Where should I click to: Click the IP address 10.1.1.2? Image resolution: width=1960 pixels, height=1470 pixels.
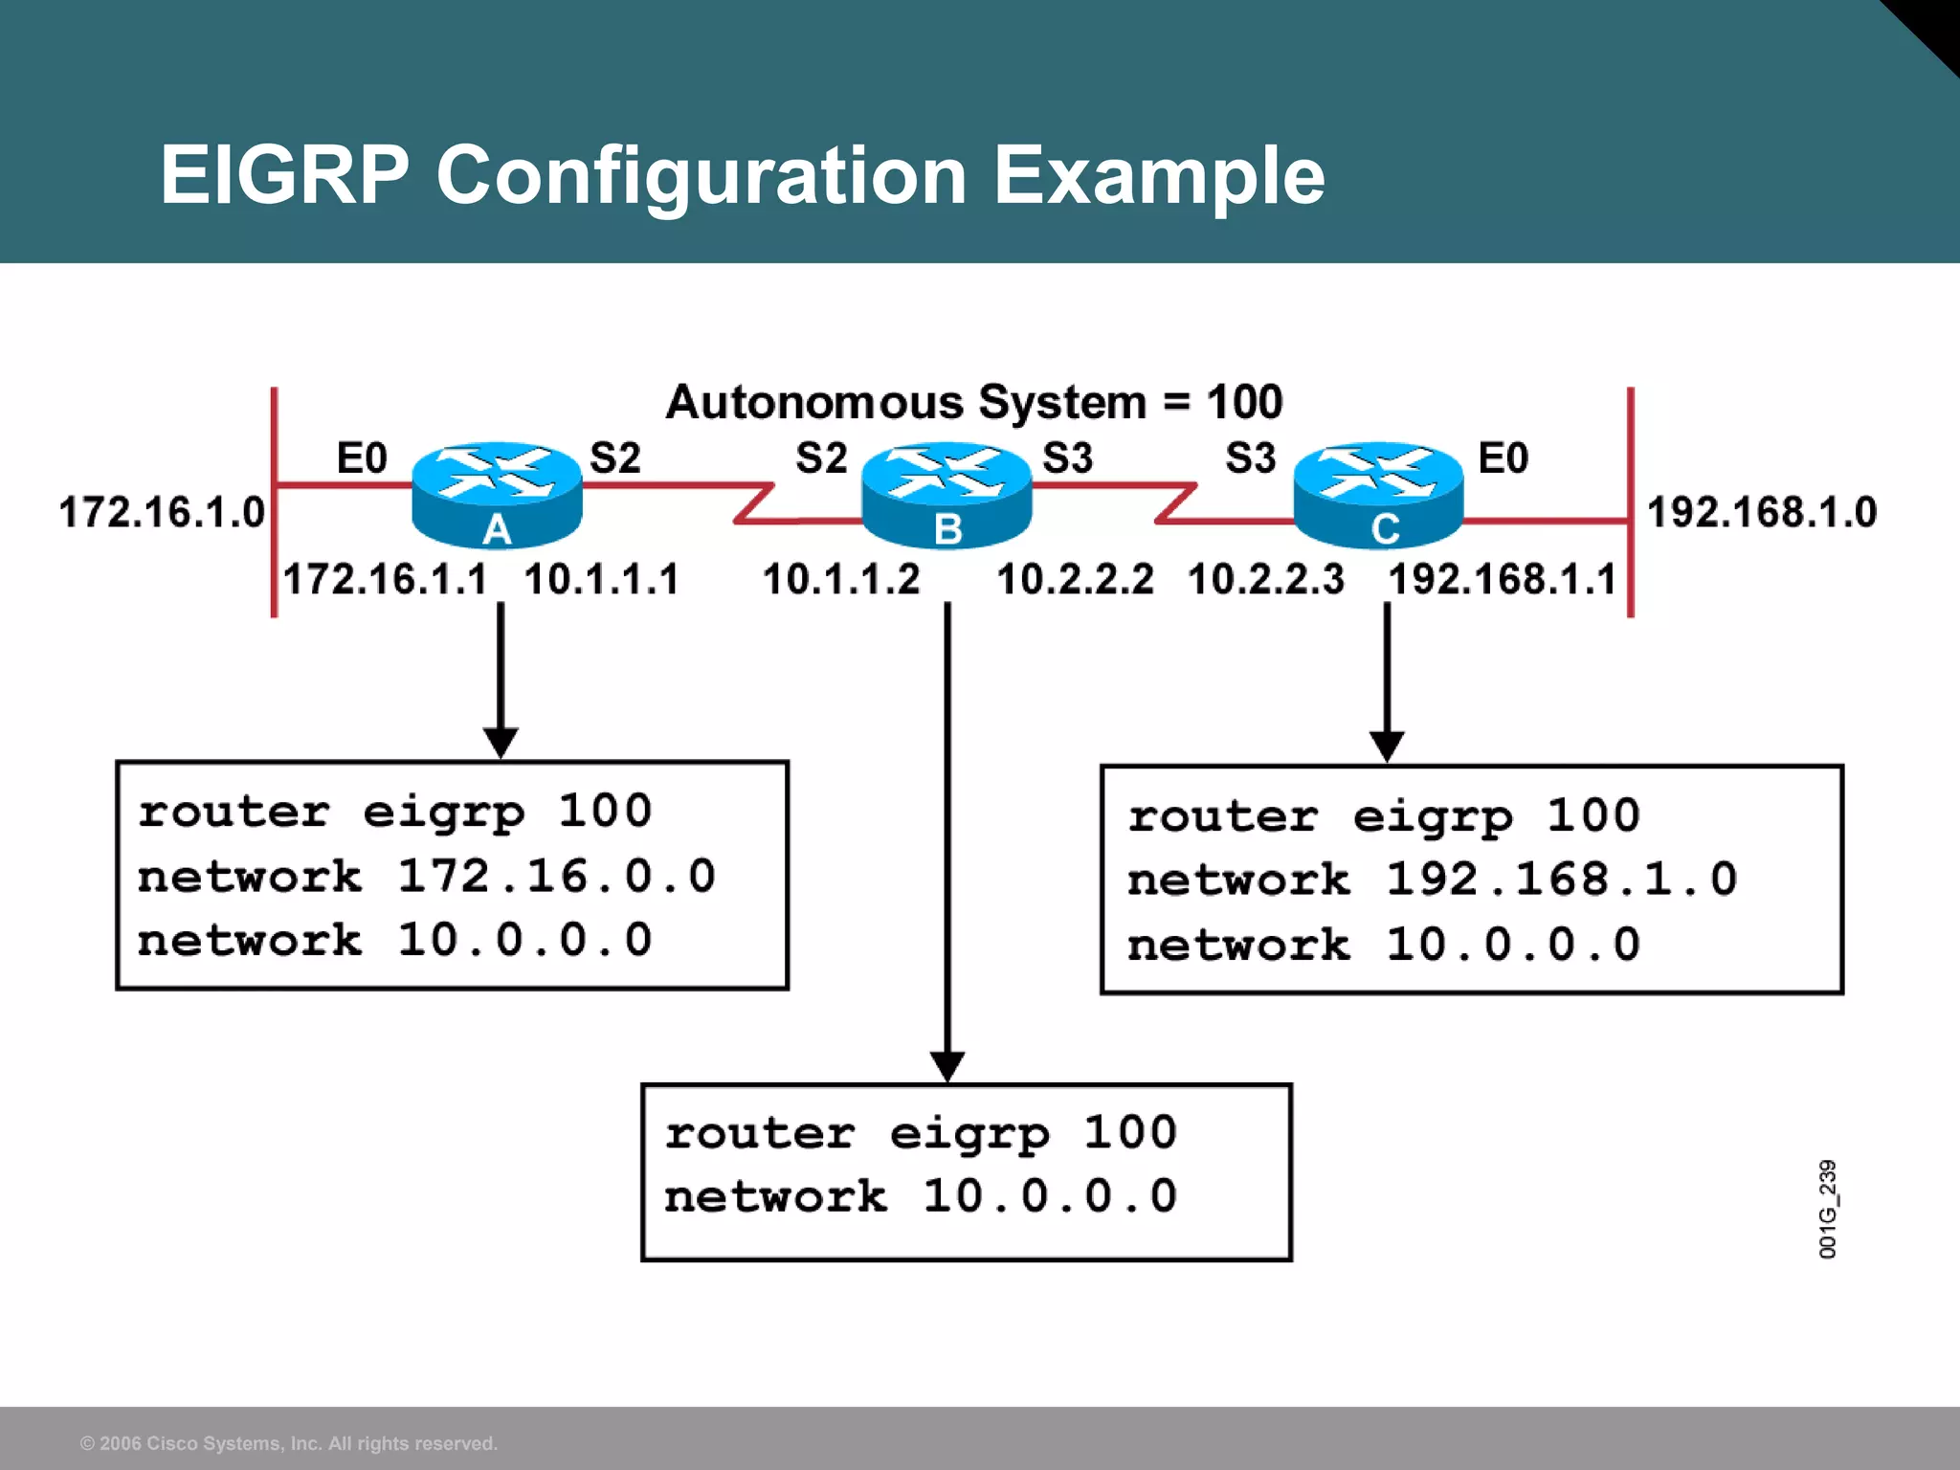coord(841,579)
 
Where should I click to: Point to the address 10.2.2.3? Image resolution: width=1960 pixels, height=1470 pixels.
coord(1265,579)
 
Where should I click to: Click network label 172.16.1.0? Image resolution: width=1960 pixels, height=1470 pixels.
coord(162,512)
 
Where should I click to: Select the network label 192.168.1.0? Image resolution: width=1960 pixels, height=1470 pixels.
coord(1762,512)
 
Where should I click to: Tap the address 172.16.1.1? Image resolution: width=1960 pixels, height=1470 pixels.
coord(385,579)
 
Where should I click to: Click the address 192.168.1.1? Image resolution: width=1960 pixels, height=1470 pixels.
coord(1502,579)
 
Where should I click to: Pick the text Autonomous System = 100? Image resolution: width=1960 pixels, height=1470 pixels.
coord(973,402)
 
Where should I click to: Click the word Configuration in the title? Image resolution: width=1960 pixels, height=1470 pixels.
coord(702,175)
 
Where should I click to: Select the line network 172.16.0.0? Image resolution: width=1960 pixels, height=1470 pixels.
coord(426,877)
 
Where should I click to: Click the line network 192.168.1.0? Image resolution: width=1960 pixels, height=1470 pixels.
coord(1432,880)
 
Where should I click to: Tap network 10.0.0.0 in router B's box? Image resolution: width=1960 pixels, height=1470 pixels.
coord(920,1196)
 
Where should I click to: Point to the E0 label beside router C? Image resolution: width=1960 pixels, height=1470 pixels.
coord(1503,457)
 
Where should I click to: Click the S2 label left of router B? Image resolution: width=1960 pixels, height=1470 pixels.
coord(821,457)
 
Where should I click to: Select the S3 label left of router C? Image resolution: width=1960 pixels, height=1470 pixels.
coord(1250,457)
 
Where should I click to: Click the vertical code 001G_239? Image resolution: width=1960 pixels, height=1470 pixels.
coord(1827,1209)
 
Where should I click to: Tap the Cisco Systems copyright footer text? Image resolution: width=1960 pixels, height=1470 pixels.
coord(289,1443)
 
